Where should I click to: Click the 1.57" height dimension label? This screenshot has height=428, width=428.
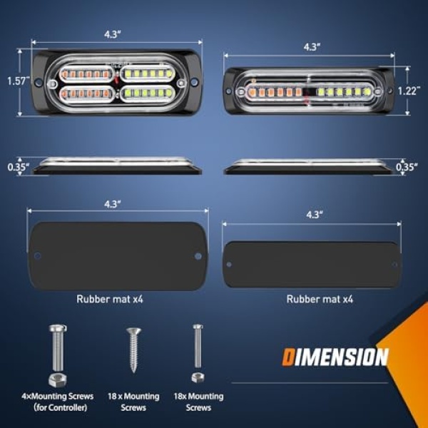coord(19,81)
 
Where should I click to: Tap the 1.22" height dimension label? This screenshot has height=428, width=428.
coord(409,91)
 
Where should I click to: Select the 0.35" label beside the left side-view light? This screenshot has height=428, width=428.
coord(19,167)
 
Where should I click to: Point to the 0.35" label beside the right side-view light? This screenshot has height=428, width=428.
coord(407,167)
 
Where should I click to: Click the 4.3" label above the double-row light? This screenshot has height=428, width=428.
coord(113,34)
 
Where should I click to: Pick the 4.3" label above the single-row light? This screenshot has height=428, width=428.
coord(312,47)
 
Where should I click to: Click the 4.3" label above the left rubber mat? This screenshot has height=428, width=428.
coord(113,204)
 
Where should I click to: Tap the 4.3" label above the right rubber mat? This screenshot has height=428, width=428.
coord(315,215)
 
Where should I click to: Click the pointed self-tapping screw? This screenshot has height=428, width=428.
coord(133,350)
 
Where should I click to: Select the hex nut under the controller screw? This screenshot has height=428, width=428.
coord(58,379)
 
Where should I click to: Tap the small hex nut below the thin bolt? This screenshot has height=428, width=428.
coord(198,377)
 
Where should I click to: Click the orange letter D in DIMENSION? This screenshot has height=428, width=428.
coord(288,357)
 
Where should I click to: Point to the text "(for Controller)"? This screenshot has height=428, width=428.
coord(61,407)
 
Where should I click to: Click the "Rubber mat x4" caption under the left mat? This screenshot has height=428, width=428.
coord(110,299)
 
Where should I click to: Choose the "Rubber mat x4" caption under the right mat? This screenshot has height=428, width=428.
coord(320,299)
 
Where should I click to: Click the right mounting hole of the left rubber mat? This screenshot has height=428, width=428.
coord(198,256)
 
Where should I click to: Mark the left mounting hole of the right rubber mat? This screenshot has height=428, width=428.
coord(229,264)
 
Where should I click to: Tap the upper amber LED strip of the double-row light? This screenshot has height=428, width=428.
coord(86,73)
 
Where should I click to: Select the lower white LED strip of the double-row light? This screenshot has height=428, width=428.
coord(147,93)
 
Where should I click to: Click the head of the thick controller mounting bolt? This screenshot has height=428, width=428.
coord(58,328)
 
